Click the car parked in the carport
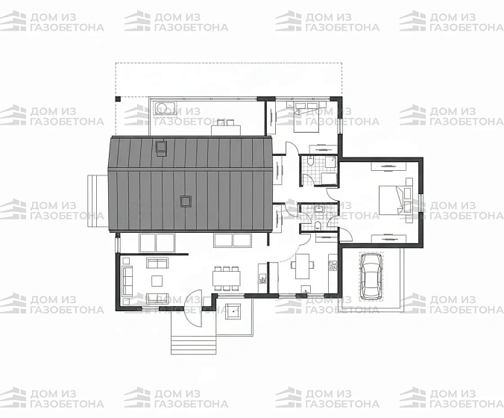(x=371, y=276)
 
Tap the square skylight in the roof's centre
(x=186, y=201)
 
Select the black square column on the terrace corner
(x=118, y=99)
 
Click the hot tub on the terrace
(x=165, y=107)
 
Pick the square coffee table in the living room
(x=157, y=281)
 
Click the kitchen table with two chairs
(x=303, y=266)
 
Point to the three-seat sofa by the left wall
(x=127, y=280)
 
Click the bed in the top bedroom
(x=306, y=116)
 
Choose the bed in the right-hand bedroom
(x=391, y=199)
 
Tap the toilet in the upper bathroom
(x=310, y=160)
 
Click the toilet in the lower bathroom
(x=318, y=225)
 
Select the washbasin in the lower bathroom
(x=319, y=209)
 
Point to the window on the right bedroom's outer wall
(x=421, y=203)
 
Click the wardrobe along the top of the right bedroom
(x=388, y=166)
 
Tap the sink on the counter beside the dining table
(x=262, y=278)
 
